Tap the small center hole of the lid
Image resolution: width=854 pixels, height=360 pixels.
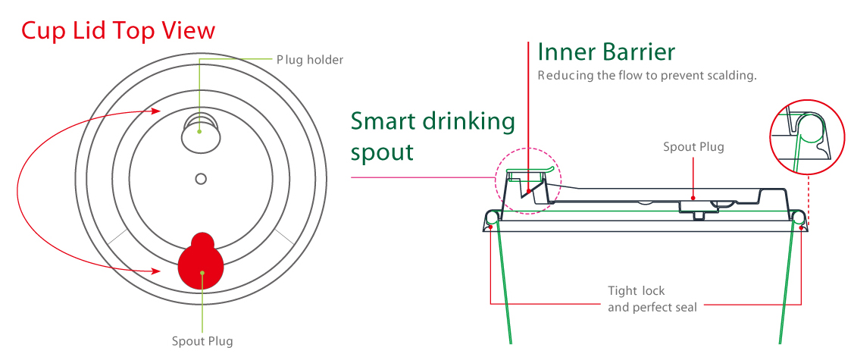point(201,179)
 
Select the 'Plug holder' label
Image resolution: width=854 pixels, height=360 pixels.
point(309,59)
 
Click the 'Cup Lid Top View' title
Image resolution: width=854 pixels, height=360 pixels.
point(118,30)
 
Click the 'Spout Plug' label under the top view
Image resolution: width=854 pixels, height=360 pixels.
point(202,341)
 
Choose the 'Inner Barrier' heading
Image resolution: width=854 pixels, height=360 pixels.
point(605,52)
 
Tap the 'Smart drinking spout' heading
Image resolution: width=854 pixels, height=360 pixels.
point(433,136)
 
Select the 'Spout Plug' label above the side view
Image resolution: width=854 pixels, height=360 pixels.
point(693,147)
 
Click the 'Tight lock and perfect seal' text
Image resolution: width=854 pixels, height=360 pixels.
point(652,299)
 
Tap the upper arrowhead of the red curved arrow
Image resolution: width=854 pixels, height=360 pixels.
point(162,112)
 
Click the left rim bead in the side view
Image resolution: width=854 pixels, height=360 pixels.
point(493,220)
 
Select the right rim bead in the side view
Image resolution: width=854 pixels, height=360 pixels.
point(798,220)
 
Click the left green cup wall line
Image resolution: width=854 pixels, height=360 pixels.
point(504,288)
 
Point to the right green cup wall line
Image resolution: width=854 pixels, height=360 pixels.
point(787,288)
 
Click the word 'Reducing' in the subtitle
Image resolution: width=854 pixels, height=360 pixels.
point(562,76)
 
